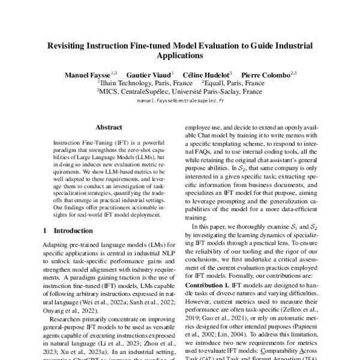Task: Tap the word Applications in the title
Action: pyautogui.click(x=179, y=56)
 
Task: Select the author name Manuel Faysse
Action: pyautogui.click(x=89, y=73)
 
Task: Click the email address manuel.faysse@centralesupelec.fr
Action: pyautogui.click(x=180, y=102)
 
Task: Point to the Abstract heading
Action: pyautogui.click(x=109, y=128)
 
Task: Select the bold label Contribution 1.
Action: pyautogui.click(x=211, y=284)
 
